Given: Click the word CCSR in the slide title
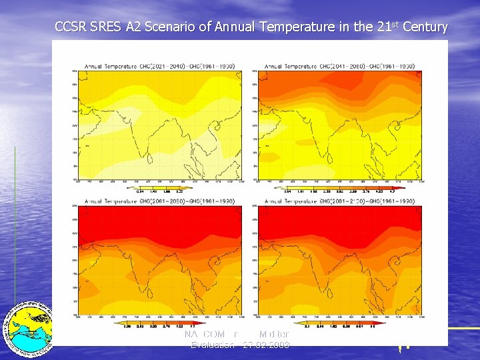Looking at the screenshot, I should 69,27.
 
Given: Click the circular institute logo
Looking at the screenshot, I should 28,327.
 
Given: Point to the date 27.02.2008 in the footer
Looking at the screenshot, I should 266,345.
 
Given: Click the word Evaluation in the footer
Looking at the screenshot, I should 212,345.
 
